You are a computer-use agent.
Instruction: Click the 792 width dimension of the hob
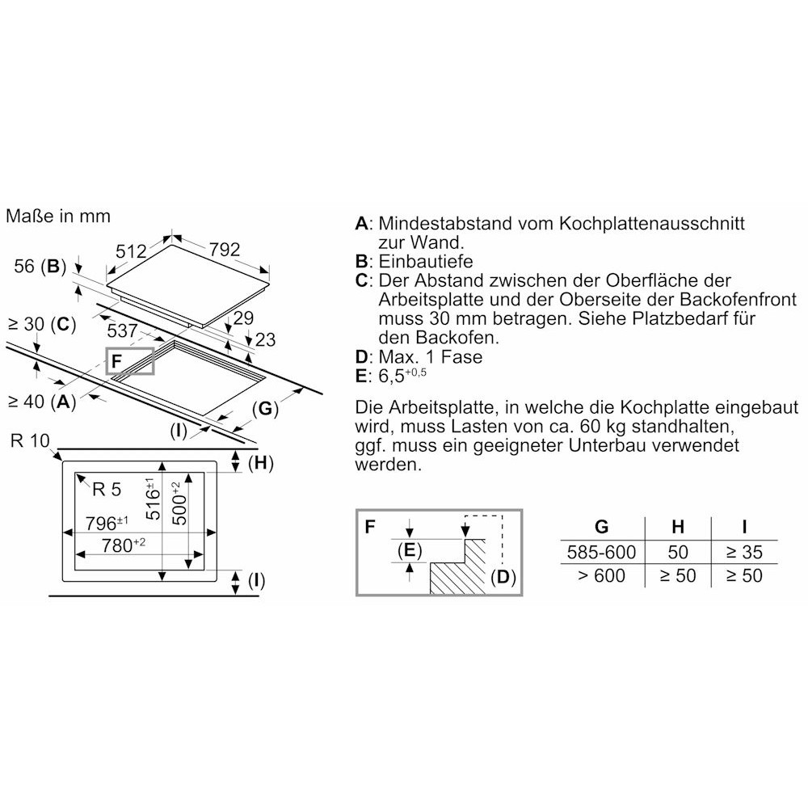click(225, 250)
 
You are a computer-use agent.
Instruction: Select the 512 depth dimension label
click(131, 251)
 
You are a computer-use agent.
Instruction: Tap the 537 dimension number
click(122, 330)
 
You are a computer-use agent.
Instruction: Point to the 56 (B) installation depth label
click(40, 266)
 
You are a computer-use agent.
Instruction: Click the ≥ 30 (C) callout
click(42, 324)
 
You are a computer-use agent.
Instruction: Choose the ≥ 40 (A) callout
click(42, 401)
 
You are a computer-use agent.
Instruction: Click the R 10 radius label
click(30, 440)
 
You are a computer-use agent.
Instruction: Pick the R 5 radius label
click(107, 489)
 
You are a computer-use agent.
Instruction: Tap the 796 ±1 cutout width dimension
click(107, 523)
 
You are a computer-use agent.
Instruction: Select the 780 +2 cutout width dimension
click(123, 545)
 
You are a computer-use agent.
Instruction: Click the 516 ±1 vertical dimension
click(153, 499)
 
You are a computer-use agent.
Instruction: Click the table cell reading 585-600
click(601, 552)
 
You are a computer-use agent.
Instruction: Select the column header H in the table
click(678, 527)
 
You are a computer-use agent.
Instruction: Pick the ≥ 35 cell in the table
click(744, 552)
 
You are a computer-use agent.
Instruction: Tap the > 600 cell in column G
click(601, 575)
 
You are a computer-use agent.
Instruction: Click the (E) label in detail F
click(410, 550)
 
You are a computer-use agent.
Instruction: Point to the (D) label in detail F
click(503, 577)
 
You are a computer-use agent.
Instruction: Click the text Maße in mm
click(58, 216)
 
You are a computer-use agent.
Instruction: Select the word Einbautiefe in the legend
click(426, 261)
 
